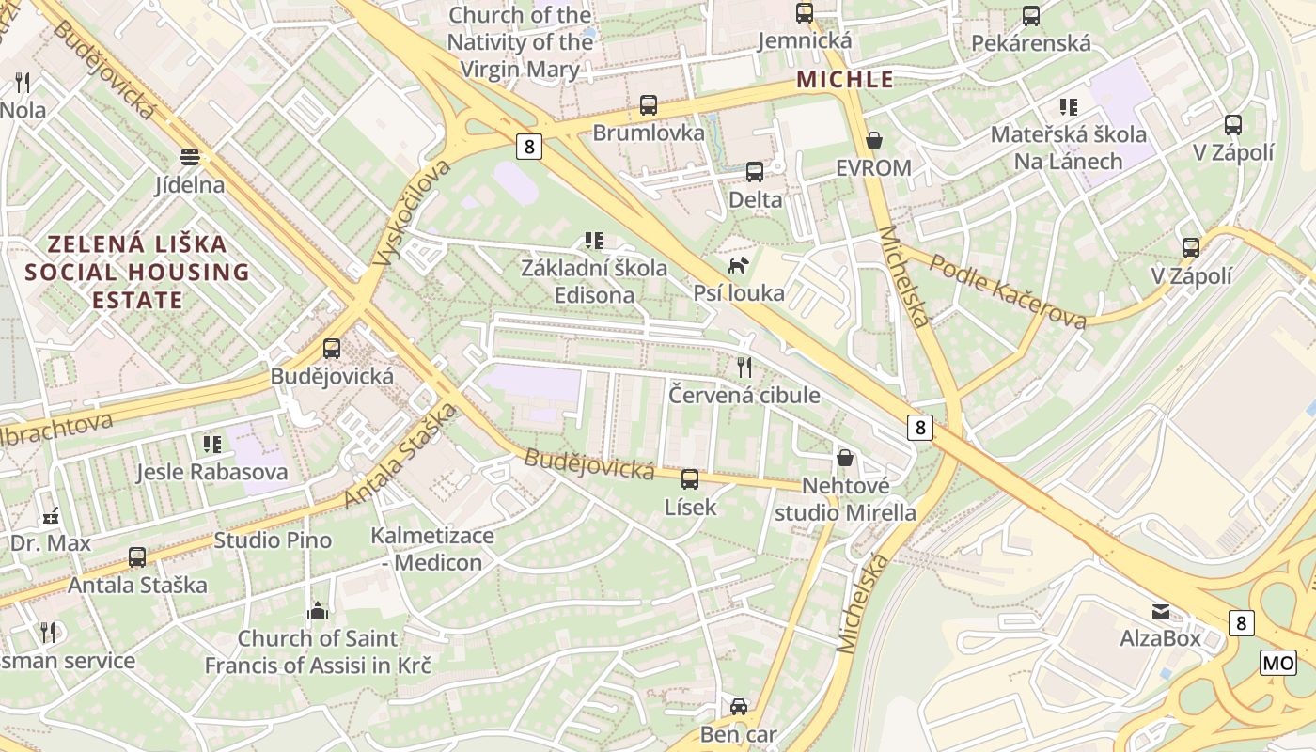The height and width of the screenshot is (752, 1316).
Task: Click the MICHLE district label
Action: tap(845, 80)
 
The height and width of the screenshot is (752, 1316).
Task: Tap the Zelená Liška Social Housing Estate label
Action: tap(137, 273)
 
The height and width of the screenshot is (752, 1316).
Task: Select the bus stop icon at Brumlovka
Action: tap(649, 105)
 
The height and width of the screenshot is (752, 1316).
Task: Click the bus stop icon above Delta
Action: tap(755, 172)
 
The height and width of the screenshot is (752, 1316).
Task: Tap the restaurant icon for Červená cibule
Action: tap(744, 367)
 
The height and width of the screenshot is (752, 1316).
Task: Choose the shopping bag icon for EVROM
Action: tap(874, 140)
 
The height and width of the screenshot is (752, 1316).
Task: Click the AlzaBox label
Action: tap(1160, 638)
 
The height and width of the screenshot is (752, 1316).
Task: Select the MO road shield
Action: tap(1277, 663)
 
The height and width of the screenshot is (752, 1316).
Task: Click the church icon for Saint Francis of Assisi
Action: tap(318, 611)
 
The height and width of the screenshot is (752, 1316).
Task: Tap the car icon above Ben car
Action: tap(739, 706)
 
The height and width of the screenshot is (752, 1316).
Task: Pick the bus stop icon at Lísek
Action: tap(690, 479)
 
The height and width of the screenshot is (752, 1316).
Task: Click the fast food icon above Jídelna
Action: tap(190, 156)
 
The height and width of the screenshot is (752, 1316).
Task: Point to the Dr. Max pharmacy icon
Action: tap(51, 515)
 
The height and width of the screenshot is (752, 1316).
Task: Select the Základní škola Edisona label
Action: tap(594, 281)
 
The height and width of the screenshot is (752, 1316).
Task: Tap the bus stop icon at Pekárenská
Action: tap(1031, 16)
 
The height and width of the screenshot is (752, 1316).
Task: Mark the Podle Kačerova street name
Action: tap(1008, 291)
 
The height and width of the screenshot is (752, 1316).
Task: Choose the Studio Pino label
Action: tap(273, 540)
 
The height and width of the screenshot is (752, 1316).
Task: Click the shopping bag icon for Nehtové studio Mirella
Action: tap(845, 458)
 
